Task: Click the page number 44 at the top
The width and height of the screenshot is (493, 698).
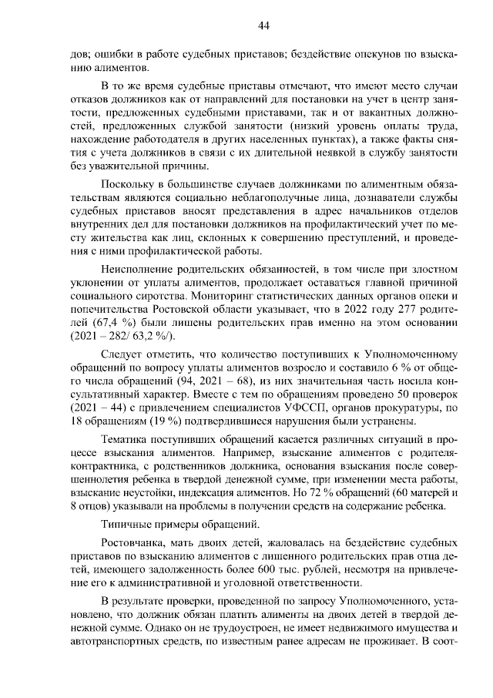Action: click(263, 26)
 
